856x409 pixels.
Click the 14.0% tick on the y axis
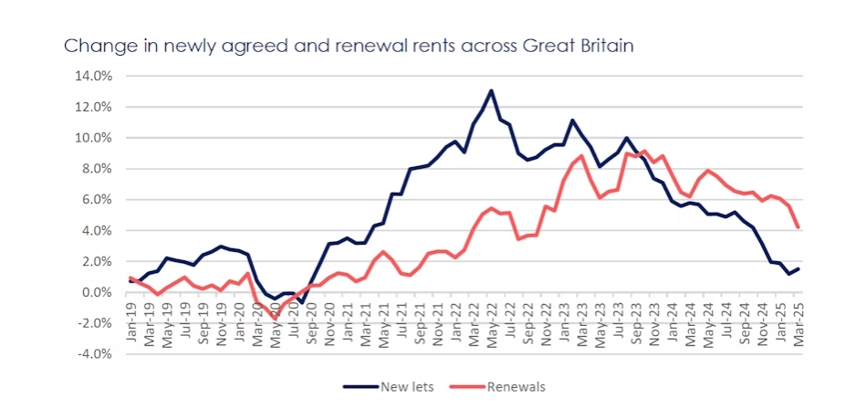pos(94,76)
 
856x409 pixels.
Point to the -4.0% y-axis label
pos(94,354)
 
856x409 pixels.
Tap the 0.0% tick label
pos(96,292)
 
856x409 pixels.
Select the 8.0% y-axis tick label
pos(96,168)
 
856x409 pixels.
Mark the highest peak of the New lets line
pos(491,90)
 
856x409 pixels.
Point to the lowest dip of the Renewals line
pos(276,318)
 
